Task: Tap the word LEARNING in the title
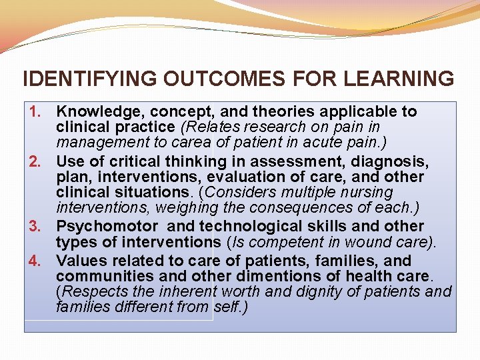pyautogui.click(x=399, y=79)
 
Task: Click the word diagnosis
pyautogui.click(x=391, y=161)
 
